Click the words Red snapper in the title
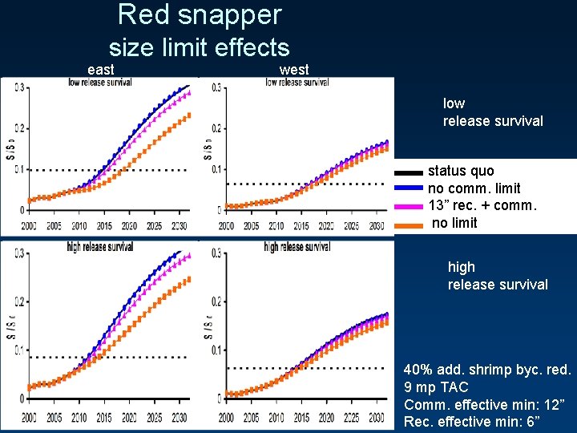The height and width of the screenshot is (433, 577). click(199, 15)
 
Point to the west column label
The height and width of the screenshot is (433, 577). click(294, 70)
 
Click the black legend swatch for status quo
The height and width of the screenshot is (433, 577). click(409, 172)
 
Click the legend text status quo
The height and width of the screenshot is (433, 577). click(461, 171)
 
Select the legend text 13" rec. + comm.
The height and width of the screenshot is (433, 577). click(482, 206)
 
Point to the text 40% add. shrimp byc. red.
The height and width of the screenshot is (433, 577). click(487, 370)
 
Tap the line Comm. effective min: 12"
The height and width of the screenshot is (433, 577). click(484, 405)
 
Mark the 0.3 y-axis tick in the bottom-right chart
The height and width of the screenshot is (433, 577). click(216, 253)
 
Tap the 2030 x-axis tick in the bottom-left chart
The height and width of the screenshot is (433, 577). click(180, 418)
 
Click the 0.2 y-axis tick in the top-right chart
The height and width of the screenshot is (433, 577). click(216, 128)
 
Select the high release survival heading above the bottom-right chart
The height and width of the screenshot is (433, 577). click(297, 247)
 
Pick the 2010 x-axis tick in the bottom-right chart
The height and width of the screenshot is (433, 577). click(276, 418)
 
